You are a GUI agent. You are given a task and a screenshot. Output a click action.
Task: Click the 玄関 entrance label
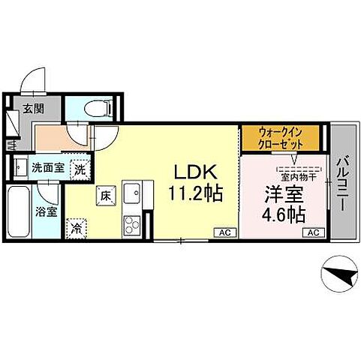pos(32,109)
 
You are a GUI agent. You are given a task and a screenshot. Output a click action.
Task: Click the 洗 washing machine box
pos(79,169)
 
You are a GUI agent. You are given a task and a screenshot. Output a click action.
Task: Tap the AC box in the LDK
pos(224,233)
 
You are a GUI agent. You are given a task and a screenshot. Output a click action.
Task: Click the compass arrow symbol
pos(338,278)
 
